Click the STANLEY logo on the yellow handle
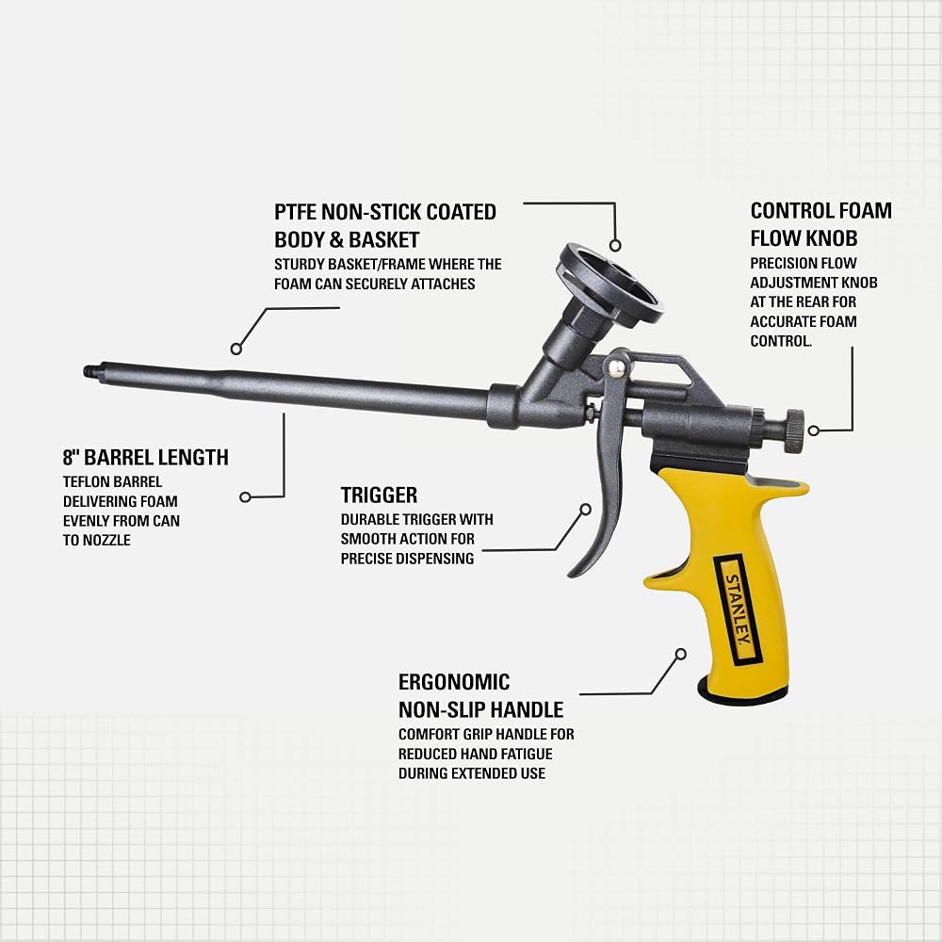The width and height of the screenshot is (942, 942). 738,609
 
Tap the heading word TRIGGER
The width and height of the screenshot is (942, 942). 379,495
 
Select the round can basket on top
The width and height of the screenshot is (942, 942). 610,284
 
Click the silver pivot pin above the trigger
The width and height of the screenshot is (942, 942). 615,368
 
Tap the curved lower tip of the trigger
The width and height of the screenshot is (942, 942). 573,572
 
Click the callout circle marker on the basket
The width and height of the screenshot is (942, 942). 614,245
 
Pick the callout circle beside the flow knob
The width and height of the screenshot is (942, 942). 814,430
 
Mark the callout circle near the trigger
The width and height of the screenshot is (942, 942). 586,510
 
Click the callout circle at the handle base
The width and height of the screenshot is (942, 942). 681,655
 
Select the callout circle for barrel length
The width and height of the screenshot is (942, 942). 245,496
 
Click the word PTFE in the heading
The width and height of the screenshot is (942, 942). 296,212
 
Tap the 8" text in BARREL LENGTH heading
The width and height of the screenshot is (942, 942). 71,457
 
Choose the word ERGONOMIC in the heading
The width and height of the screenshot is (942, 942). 454,682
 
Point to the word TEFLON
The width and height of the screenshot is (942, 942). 86,481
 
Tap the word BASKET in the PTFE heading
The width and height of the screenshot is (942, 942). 383,239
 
